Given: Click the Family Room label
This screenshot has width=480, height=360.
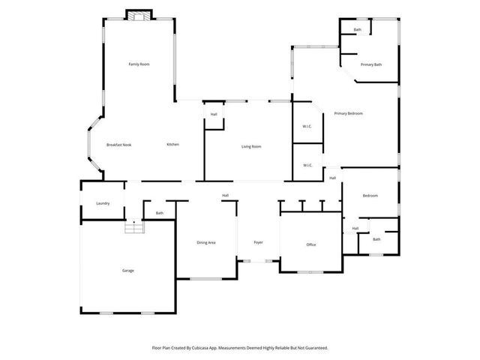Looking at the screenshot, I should [139, 64].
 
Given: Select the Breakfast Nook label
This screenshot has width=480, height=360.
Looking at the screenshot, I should [118, 144].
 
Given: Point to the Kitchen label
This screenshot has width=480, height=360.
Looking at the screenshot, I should [172, 144].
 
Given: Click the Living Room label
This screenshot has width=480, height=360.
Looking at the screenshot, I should [250, 146].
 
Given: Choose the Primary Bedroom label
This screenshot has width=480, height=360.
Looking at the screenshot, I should [349, 113].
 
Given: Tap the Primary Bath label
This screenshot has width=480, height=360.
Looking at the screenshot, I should [370, 64].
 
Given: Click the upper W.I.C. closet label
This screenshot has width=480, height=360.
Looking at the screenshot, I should [307, 126].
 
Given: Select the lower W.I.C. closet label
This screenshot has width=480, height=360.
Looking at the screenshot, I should [307, 165].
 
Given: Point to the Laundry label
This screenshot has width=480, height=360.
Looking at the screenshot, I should [103, 203].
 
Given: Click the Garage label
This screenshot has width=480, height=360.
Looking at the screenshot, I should [128, 270].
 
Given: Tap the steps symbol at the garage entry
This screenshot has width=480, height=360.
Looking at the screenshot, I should [134, 226].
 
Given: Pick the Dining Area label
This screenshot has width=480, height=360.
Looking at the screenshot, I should [206, 242].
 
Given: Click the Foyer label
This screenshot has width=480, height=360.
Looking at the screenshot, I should [258, 242].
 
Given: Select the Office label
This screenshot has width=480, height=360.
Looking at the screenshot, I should [311, 244].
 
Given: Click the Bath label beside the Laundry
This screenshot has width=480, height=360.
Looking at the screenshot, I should [159, 213].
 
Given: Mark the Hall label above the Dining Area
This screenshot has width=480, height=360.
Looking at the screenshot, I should [225, 196].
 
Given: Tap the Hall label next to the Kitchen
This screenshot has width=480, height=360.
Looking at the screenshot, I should [214, 114].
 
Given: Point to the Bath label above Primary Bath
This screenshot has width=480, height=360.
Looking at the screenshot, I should [357, 30].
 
